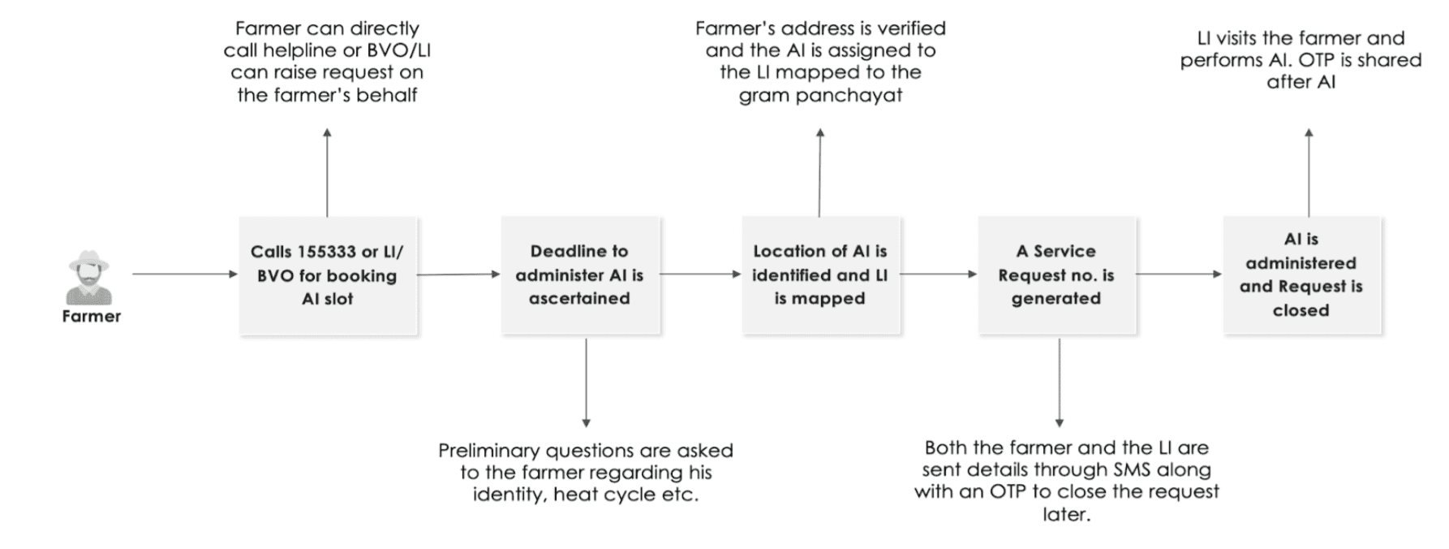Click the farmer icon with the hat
tap(89, 277)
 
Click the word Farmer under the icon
tap(91, 316)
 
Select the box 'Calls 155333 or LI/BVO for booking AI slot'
tap(328, 275)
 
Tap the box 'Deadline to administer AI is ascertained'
tap(580, 275)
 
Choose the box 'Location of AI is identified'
tap(820, 275)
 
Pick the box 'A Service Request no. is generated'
tap(1056, 275)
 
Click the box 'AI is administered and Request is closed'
tap(1301, 275)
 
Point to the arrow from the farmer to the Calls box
tap(185, 274)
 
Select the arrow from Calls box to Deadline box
tap(458, 274)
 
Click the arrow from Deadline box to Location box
tap(701, 274)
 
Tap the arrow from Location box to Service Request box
tap(939, 274)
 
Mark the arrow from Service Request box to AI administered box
tap(1179, 274)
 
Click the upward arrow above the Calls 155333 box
tap(327, 172)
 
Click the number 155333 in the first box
tap(327, 252)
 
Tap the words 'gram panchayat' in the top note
tap(820, 95)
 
